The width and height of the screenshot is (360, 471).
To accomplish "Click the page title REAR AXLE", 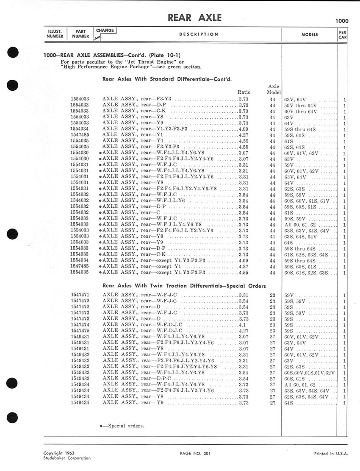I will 195,17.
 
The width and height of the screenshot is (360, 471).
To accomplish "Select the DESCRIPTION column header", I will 199,34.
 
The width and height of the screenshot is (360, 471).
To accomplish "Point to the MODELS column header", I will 310,34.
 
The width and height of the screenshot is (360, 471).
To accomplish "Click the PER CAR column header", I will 342,34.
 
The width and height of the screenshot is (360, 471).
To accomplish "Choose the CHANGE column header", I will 105,30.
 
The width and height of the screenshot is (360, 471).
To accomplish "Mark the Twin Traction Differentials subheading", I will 184,285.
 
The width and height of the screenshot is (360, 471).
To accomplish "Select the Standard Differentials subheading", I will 167,78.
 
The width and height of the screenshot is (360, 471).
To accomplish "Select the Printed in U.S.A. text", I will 331,453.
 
